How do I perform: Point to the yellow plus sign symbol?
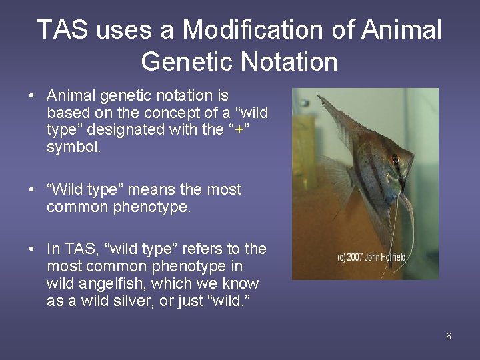[239, 130]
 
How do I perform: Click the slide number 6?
[449, 336]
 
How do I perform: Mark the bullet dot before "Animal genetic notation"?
[32, 97]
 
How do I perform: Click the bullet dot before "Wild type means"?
[32, 190]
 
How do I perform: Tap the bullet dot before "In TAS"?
[32, 249]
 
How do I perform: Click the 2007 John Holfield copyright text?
[371, 256]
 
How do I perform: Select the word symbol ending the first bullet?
[74, 147]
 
